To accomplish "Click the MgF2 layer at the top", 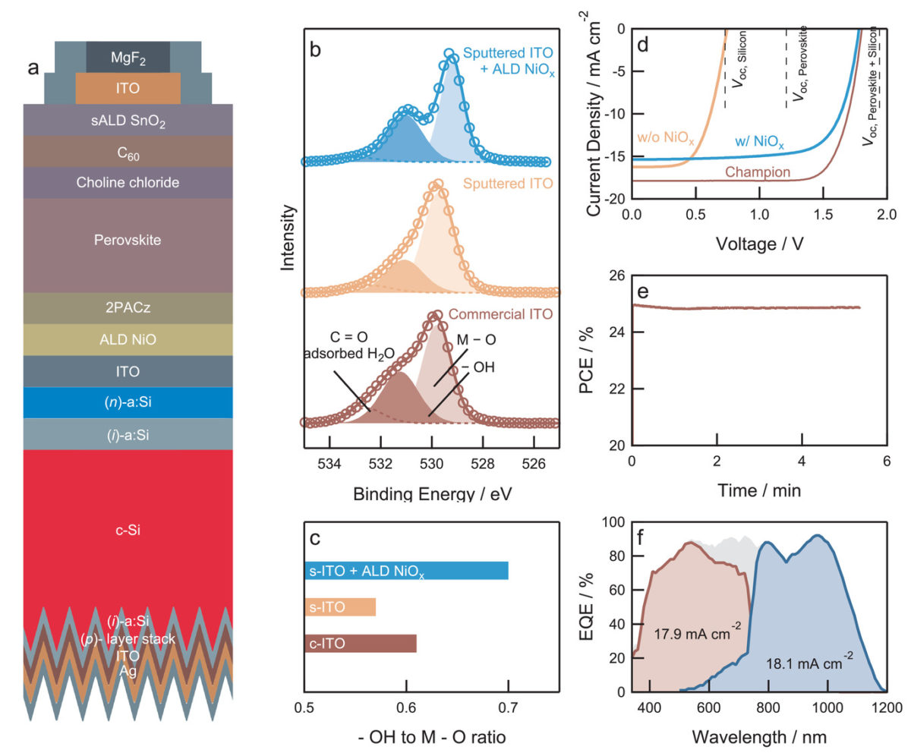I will [x=128, y=57].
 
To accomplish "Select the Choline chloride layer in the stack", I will [x=128, y=183].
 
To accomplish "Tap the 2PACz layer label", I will [x=128, y=308].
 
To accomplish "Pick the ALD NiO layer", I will [x=128, y=340].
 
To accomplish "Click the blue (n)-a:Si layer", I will [x=128, y=402].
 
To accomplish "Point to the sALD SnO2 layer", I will [x=128, y=120].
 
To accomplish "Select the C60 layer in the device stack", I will [x=128, y=152].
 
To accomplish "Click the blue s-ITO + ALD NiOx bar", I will [x=406, y=571].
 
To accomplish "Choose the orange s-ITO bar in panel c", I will [x=340, y=608].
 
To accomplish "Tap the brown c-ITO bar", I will [x=361, y=644].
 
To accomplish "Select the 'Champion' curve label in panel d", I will [x=758, y=172].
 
